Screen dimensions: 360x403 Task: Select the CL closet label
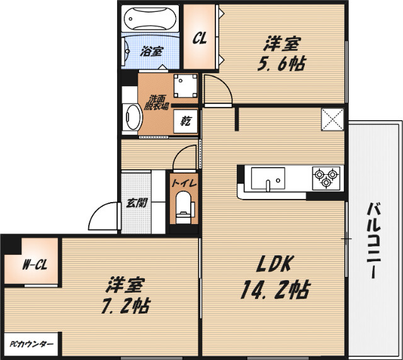coord(200,38)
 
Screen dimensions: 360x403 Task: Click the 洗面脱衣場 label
coord(158,102)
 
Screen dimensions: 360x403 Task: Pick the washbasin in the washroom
coord(132,117)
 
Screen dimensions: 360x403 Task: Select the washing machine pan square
coord(185,86)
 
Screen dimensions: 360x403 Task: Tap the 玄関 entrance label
coord(136,203)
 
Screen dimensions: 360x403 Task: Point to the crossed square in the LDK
coord(332,120)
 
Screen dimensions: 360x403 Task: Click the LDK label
coord(275,264)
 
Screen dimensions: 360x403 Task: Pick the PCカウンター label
coord(31,345)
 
